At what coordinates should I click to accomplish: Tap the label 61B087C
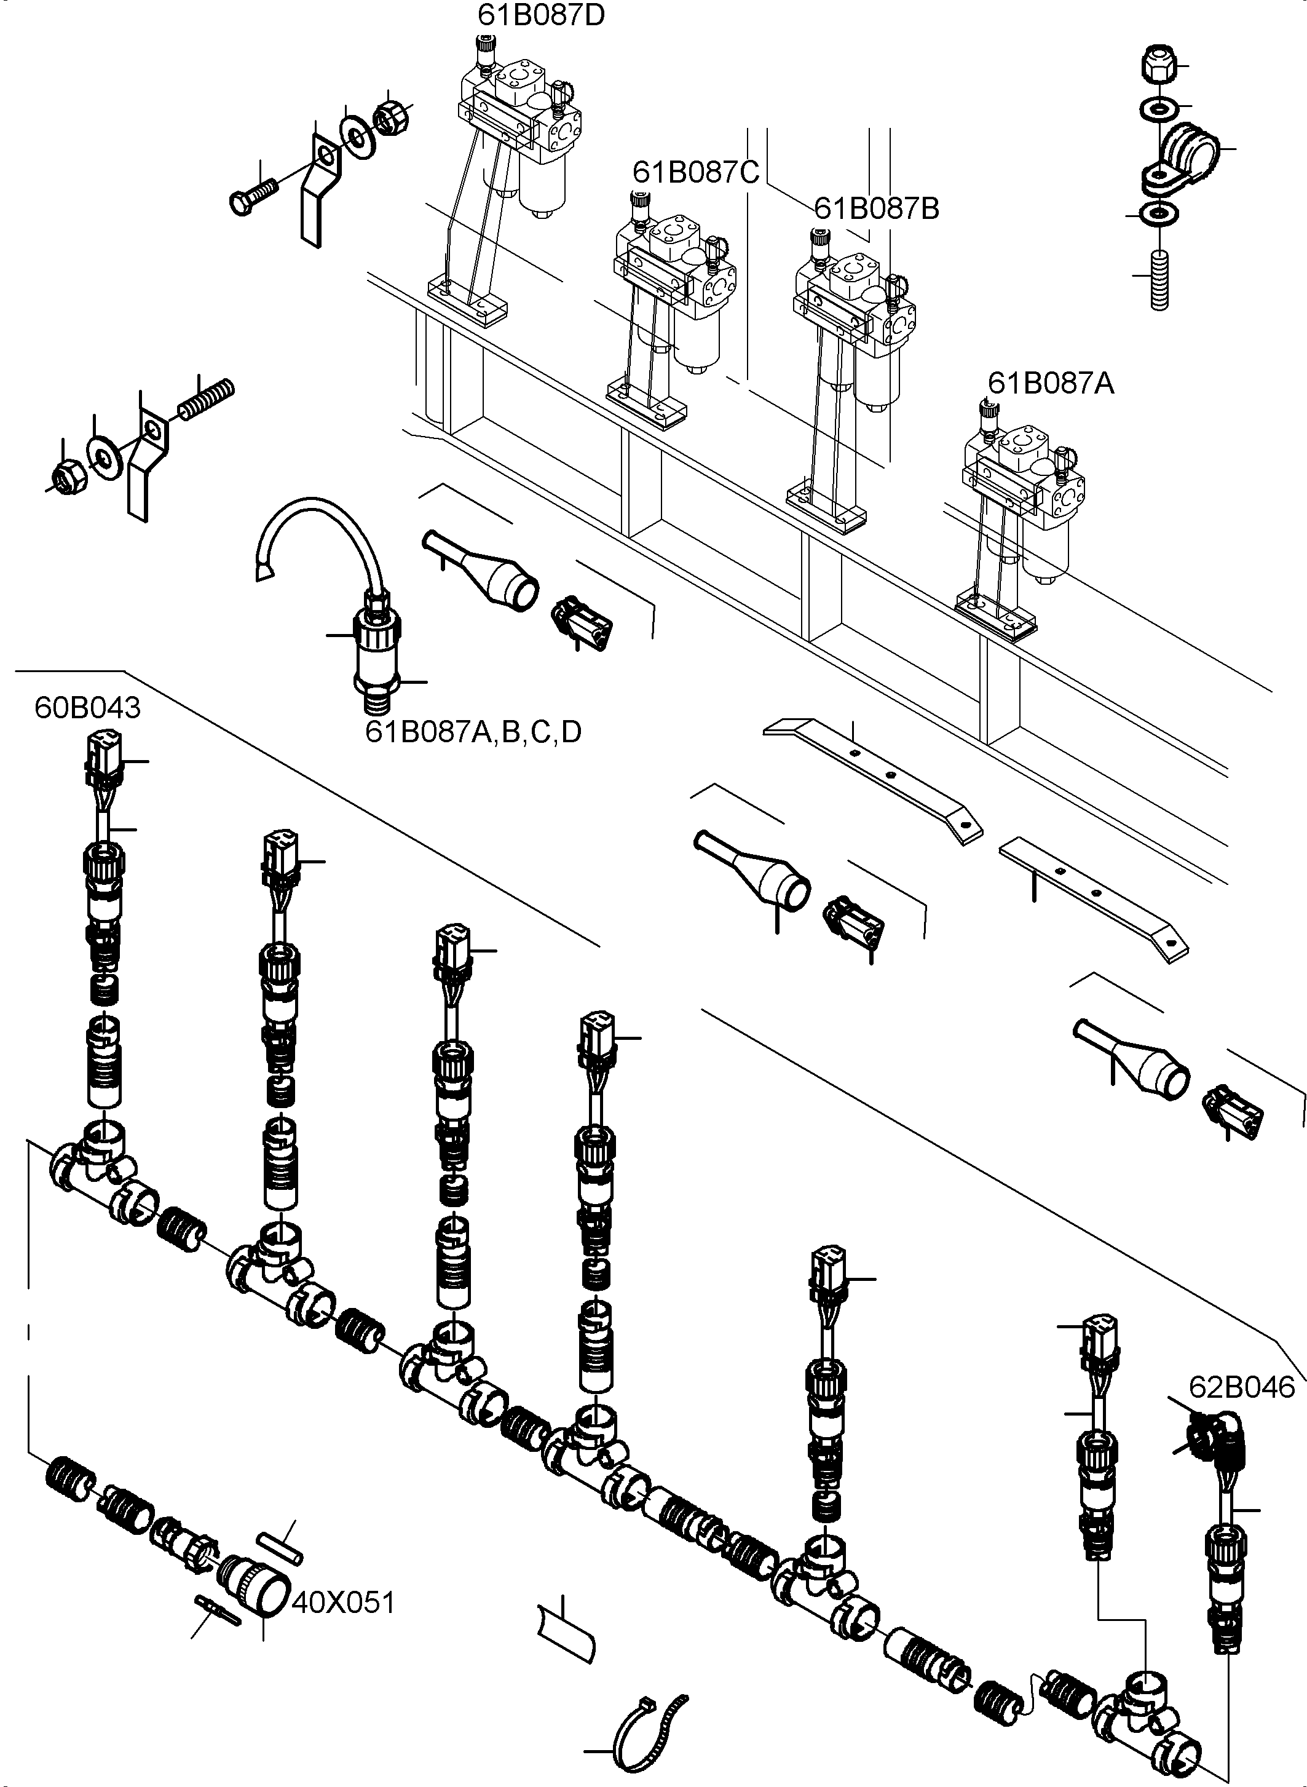click(x=695, y=172)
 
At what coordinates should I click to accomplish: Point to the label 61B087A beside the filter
click(x=1051, y=383)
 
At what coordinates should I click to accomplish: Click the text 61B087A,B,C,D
click(x=473, y=732)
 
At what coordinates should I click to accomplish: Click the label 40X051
click(x=342, y=1603)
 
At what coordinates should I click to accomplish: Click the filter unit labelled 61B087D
click(x=522, y=135)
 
